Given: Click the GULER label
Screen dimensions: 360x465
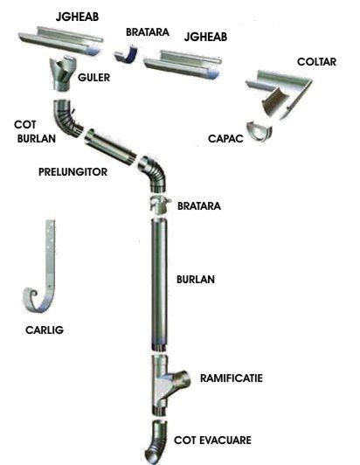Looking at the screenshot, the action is click(x=93, y=78).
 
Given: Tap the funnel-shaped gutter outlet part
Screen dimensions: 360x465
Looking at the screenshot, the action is click(x=63, y=73).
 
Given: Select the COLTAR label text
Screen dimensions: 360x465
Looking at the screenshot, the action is click(x=316, y=62).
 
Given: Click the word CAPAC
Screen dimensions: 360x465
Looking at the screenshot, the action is click(x=225, y=138).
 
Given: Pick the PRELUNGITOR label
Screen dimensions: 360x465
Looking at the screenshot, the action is click(x=73, y=171).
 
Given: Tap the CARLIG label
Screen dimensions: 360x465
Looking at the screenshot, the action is click(x=45, y=330).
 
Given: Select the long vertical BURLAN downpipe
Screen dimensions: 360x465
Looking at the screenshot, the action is click(x=159, y=285).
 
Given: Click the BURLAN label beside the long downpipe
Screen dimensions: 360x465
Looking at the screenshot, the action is click(x=196, y=280).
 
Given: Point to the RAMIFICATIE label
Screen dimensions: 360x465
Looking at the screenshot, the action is click(x=232, y=378).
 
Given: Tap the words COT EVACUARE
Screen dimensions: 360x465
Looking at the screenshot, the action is click(x=212, y=441).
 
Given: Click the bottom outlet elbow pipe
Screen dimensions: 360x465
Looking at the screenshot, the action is click(x=157, y=442).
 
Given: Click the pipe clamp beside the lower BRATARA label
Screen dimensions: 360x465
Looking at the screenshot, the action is click(x=160, y=204).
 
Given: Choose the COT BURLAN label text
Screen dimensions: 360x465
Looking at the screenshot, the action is click(x=35, y=131).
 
